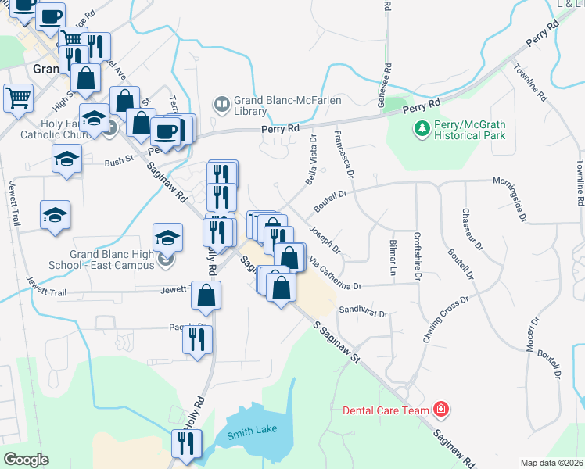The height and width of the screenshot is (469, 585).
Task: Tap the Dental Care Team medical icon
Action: tap(441, 410)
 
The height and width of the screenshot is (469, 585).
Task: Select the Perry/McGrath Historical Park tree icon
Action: tap(422, 128)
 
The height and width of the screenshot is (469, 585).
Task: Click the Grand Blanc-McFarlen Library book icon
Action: tap(222, 103)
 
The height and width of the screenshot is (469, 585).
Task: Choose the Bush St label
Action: tap(120, 163)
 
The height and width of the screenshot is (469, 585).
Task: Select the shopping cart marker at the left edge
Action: tap(18, 97)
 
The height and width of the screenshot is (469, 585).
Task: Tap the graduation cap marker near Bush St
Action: tap(67, 159)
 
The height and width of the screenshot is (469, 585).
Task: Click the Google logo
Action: tap(26, 459)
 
